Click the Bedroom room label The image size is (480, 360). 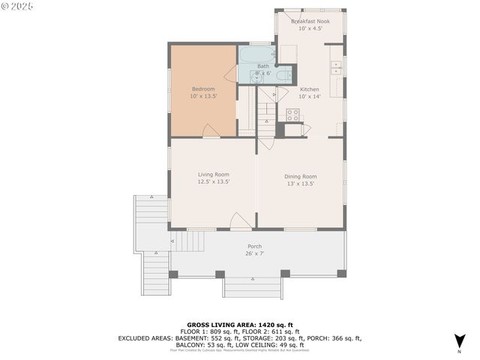pyautogui.click(x=202, y=89)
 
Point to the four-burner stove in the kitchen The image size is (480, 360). pyautogui.click(x=292, y=115)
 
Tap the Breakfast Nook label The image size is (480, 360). pyautogui.click(x=309, y=22)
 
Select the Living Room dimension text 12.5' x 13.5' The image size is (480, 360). pyautogui.click(x=213, y=181)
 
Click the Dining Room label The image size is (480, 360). pyautogui.click(x=300, y=176)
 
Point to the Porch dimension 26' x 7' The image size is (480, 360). pyautogui.click(x=255, y=253)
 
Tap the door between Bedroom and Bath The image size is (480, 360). pyautogui.click(x=231, y=73)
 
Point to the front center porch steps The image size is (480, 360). pyautogui.click(x=253, y=287)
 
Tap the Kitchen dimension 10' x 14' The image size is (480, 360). pyautogui.click(x=309, y=96)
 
